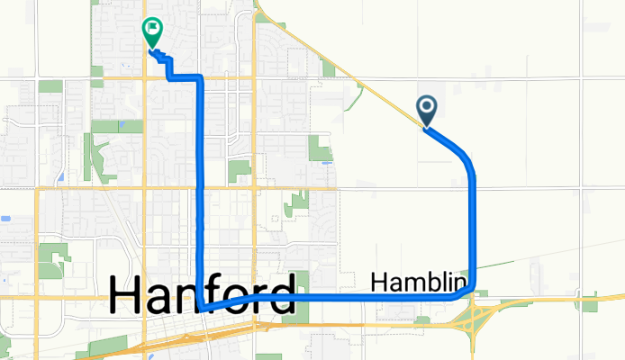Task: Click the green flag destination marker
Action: coord(152,33)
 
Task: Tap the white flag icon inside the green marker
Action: coord(152,30)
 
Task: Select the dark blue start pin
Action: coord(427,111)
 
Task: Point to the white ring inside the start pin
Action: coord(427,107)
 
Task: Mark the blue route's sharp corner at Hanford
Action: coord(206,308)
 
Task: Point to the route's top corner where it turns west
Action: coord(199,79)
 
